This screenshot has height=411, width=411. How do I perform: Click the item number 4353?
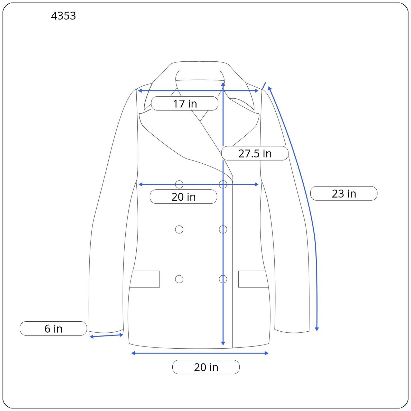[63, 16]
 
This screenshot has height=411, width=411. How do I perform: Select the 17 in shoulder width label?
[185, 104]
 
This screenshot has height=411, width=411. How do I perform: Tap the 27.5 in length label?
[255, 153]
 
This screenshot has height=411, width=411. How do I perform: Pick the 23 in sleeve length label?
[344, 193]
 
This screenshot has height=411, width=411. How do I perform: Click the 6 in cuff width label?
[53, 329]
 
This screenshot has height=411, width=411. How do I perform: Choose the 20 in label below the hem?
[206, 367]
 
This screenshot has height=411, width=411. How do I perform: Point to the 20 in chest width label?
[183, 197]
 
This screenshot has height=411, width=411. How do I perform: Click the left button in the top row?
[179, 184]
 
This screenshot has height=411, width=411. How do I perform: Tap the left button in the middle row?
[179, 229]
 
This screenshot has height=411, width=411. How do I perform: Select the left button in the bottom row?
[179, 279]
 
